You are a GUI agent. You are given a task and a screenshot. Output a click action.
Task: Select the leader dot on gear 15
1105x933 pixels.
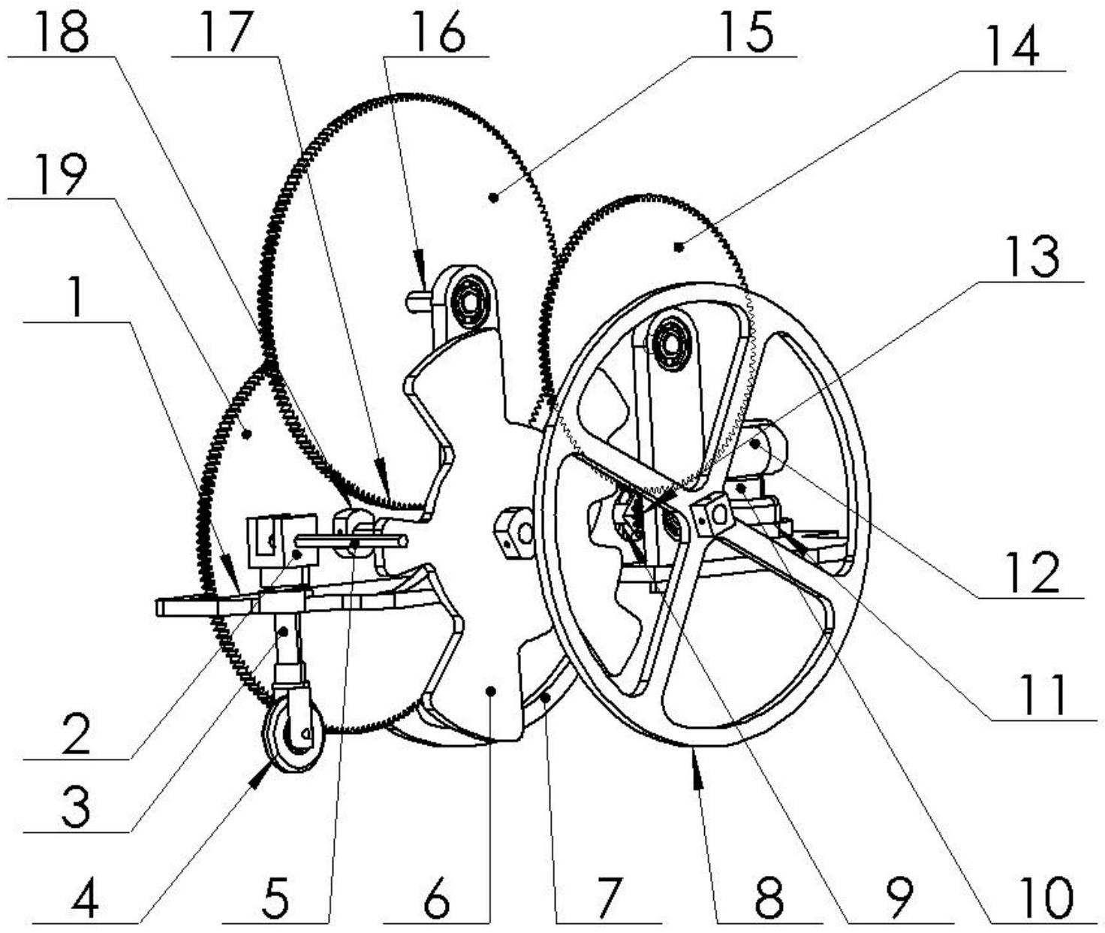pos(493,198)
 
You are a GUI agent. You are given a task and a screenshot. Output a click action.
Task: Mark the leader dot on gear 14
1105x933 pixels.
pos(679,246)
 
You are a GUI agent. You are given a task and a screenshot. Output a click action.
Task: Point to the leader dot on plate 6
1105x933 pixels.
pos(491,690)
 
